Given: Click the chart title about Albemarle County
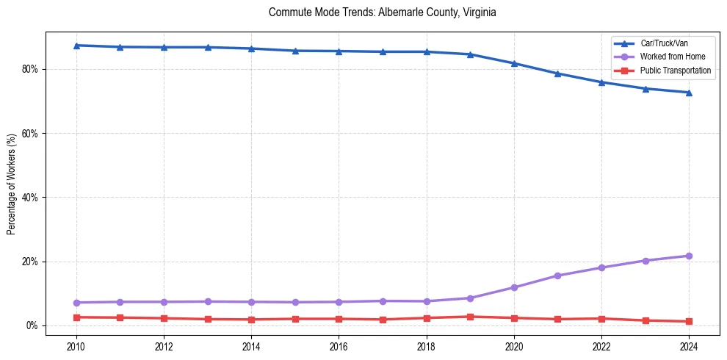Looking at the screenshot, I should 383,12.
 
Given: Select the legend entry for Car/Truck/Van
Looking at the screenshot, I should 664,43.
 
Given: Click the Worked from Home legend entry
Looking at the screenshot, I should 673,57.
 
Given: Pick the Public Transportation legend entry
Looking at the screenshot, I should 676,71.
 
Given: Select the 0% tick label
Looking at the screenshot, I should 32,325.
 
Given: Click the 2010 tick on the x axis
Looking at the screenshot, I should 76,346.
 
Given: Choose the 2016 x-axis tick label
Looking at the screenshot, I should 339,346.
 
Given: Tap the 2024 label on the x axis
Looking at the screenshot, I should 689,346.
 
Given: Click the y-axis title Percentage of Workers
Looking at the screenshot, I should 12,184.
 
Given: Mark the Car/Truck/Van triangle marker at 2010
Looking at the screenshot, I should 76,46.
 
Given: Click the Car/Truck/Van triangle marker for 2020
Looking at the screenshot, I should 514,63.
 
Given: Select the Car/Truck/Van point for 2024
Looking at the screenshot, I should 689,93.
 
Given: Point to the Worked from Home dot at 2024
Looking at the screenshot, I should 689,256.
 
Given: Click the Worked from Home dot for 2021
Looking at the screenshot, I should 557,276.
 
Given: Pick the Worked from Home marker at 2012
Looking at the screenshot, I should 164,302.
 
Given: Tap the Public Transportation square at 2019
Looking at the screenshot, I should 470,317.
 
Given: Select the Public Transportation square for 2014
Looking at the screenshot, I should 251,320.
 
